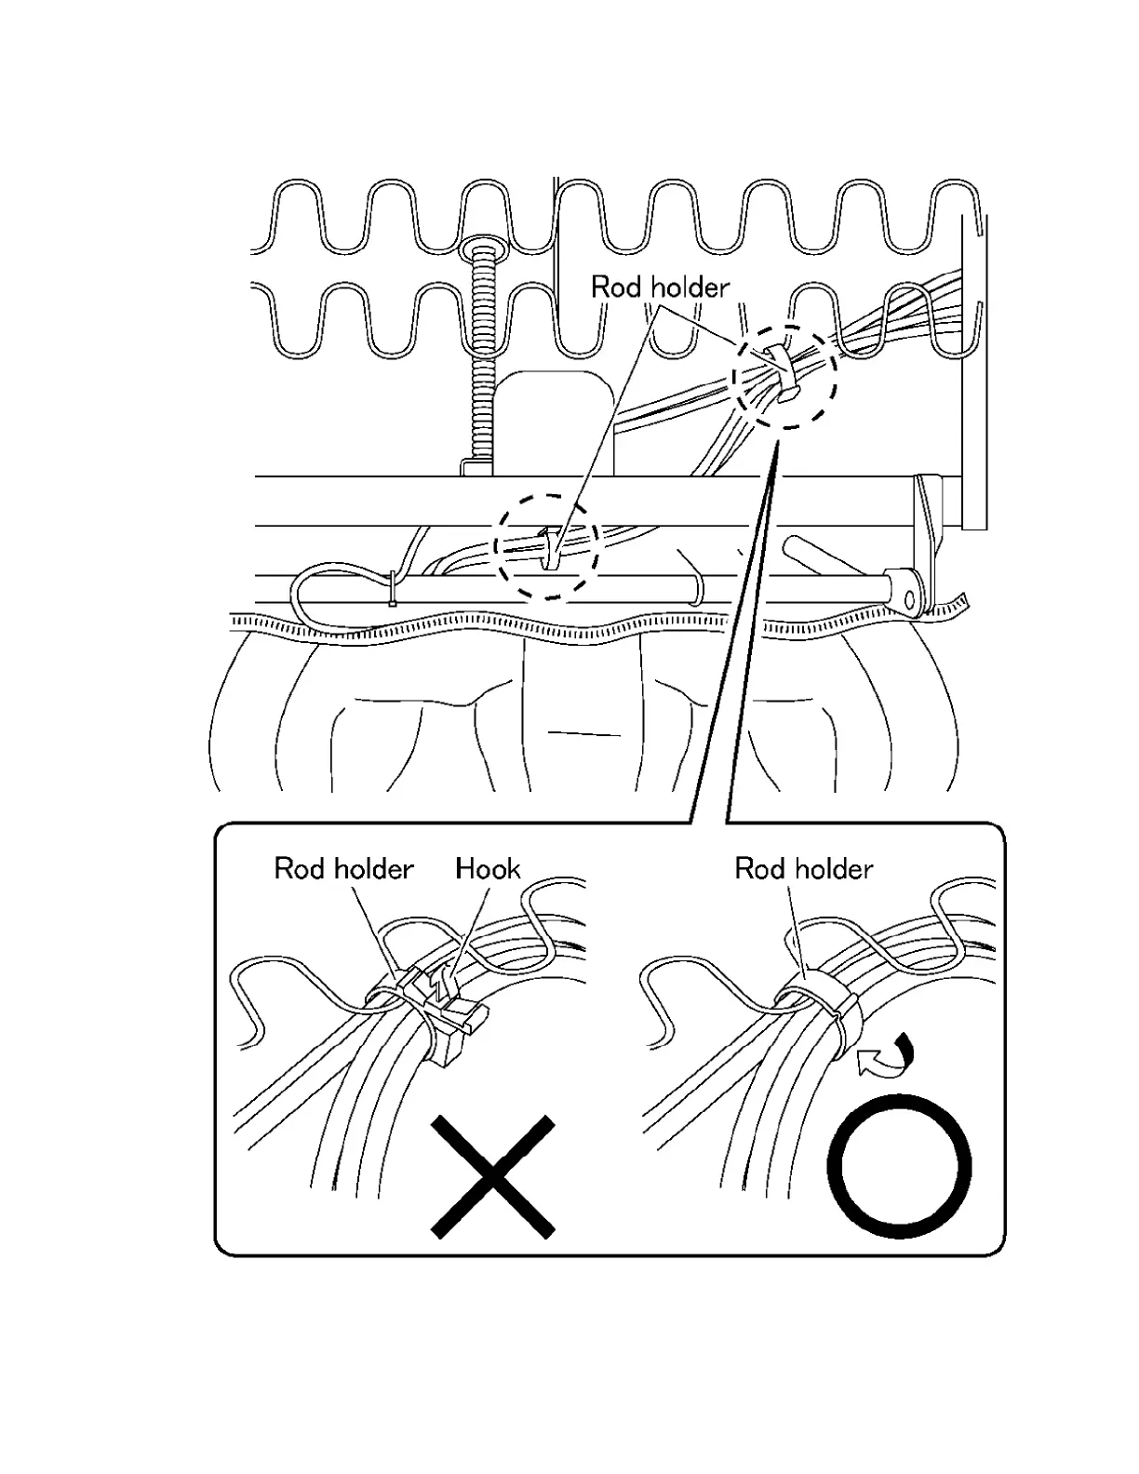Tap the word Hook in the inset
tap(488, 869)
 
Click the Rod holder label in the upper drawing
tap(660, 287)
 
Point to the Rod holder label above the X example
tap(343, 869)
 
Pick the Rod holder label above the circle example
tap(804, 869)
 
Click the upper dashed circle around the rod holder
tap(784, 376)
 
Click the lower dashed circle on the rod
tap(545, 547)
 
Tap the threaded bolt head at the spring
tap(481, 248)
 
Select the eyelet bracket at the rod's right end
tap(906, 591)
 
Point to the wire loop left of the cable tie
tap(312, 596)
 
